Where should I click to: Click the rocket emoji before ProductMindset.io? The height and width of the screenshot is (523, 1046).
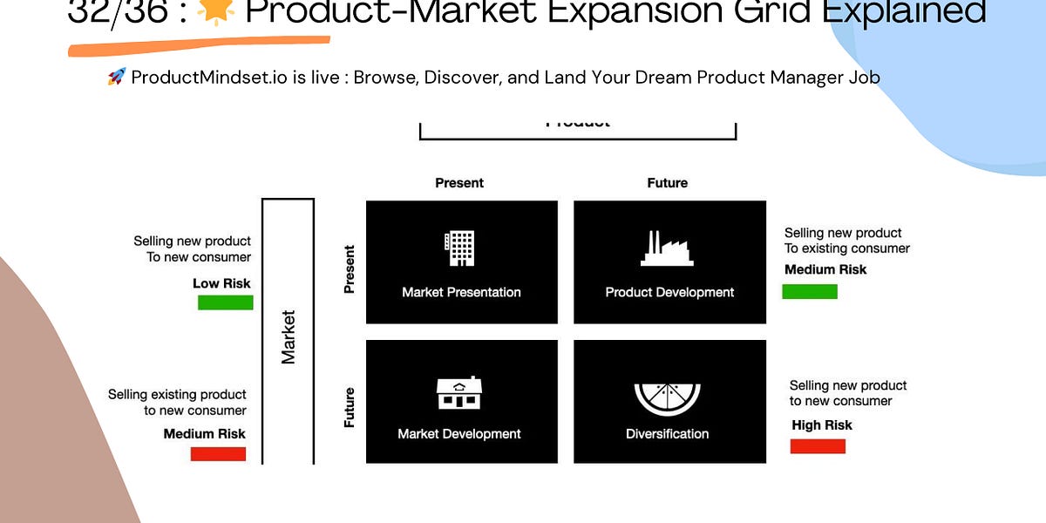tap(116, 77)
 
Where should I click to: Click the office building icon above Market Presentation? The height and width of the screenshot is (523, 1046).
tap(460, 248)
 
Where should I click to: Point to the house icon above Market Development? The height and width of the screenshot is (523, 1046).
tap(459, 393)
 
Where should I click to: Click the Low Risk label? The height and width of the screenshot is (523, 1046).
tap(221, 283)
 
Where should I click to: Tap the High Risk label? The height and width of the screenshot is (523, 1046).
tap(822, 425)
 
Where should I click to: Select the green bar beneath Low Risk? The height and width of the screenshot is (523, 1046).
tap(225, 302)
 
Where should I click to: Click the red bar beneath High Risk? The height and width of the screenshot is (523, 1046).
tap(818, 446)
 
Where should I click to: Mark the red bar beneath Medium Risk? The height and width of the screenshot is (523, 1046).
tap(218, 454)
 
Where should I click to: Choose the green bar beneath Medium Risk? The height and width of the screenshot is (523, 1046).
tap(810, 291)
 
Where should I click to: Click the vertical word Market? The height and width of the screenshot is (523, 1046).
tap(289, 336)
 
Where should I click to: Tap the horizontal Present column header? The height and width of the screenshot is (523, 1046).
tap(459, 183)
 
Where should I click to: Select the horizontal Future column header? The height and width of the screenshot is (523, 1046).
tap(668, 183)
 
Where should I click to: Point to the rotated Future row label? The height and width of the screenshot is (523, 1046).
tap(350, 407)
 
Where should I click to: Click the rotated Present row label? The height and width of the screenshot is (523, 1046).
tap(350, 269)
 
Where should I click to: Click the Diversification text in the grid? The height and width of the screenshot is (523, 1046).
tap(667, 433)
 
